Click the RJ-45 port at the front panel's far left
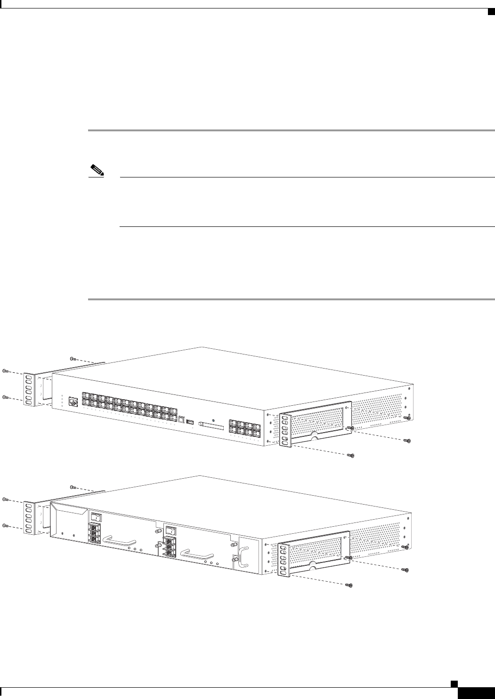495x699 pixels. (73, 401)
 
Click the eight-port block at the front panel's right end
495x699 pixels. (243, 427)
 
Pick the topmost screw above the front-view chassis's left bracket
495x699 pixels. (72, 359)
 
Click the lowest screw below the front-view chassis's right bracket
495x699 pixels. (350, 456)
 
